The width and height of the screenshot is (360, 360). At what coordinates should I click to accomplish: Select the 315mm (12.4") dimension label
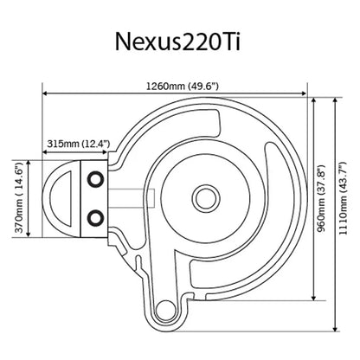tap(73, 143)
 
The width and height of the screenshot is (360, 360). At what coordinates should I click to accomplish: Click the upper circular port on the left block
tap(95, 178)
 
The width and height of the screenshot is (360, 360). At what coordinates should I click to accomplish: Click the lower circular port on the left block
tap(95, 215)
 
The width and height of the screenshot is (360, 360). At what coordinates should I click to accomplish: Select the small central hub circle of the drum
tap(208, 193)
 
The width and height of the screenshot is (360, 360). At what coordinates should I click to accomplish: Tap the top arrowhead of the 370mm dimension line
tap(29, 162)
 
